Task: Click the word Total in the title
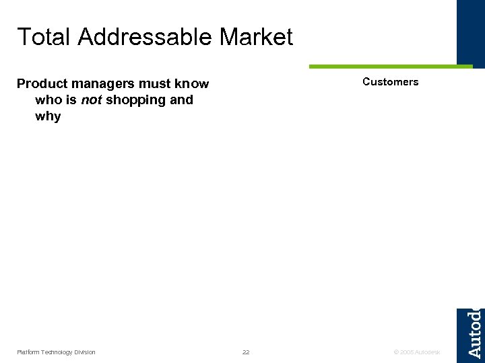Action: pyautogui.click(x=44, y=37)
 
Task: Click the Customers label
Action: pyautogui.click(x=390, y=82)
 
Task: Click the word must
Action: pyautogui.click(x=156, y=84)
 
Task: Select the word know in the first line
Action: pyautogui.click(x=193, y=84)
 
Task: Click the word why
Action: pyautogui.click(x=48, y=117)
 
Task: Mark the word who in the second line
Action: pyautogui.click(x=48, y=100)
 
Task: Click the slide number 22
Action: pyautogui.click(x=246, y=352)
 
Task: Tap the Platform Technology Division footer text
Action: pyautogui.click(x=56, y=352)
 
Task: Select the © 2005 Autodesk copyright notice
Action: pyautogui.click(x=417, y=352)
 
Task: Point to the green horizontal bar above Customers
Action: pyautogui.click(x=391, y=67)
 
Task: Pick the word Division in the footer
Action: pyautogui.click(x=85, y=352)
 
